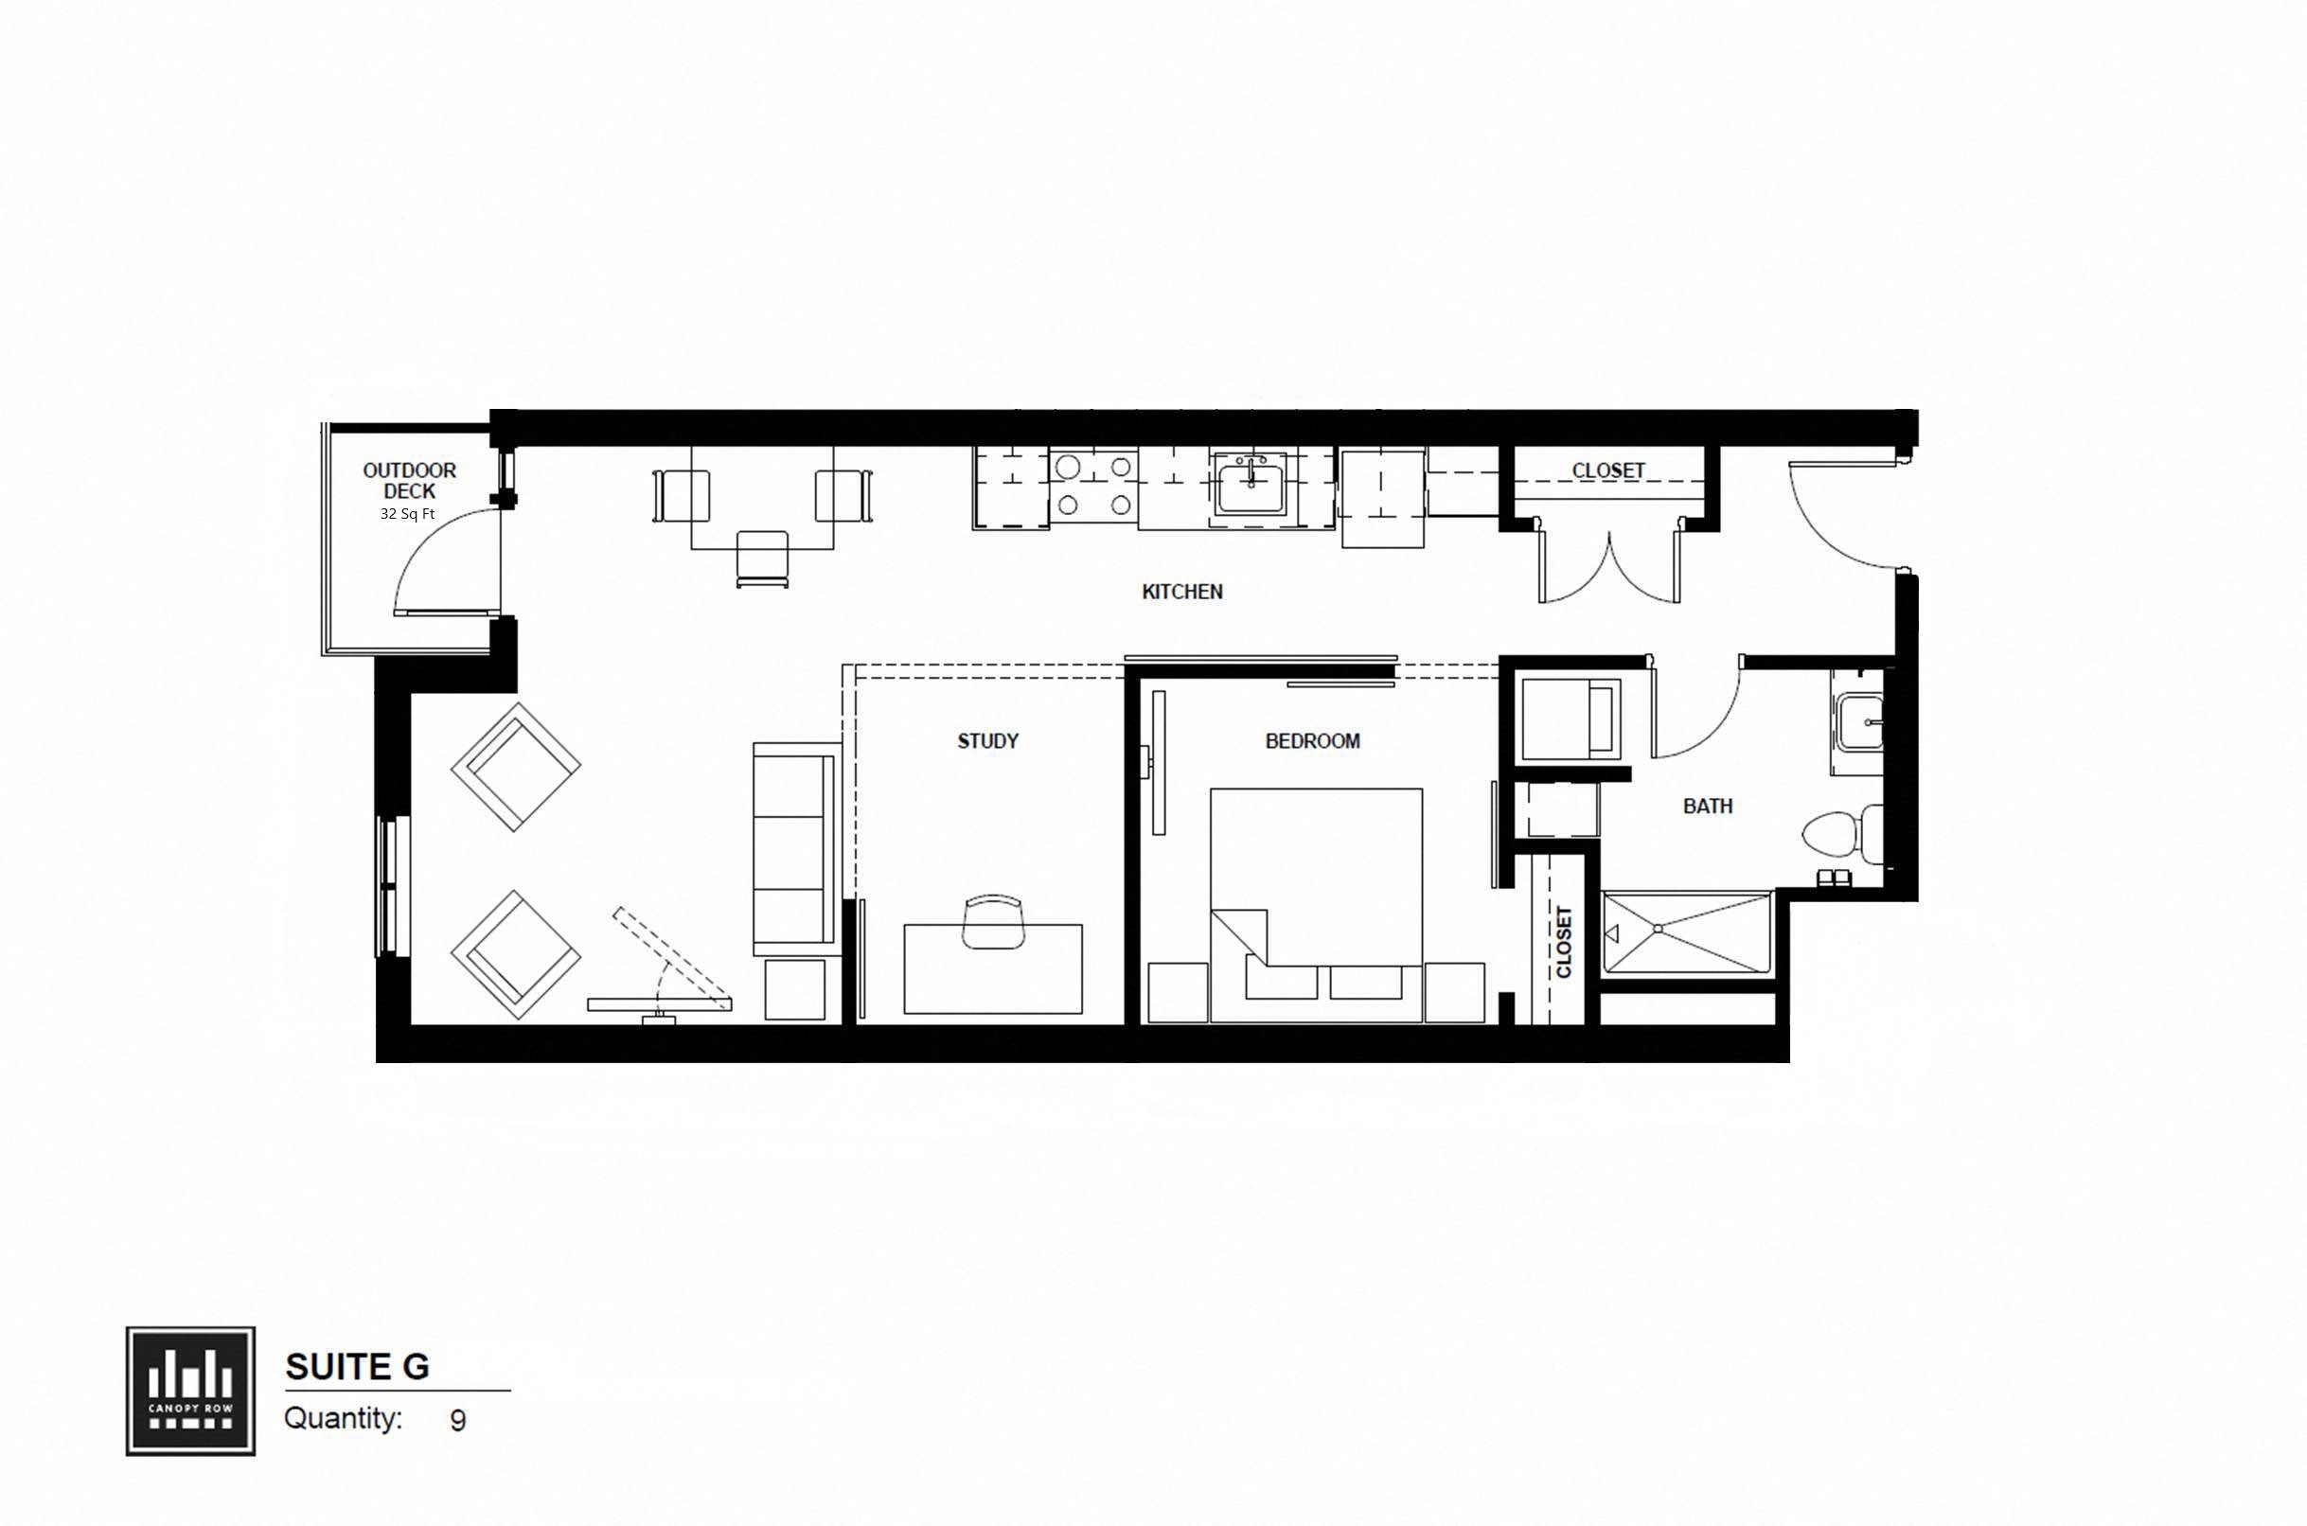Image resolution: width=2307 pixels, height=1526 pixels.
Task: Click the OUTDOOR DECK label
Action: [x=410, y=481]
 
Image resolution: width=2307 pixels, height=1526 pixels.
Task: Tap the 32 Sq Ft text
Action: [x=408, y=514]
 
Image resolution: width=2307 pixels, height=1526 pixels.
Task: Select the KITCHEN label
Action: [x=1182, y=592]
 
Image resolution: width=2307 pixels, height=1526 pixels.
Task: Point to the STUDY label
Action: [x=987, y=741]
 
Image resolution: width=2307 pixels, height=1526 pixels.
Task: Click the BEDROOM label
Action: [x=1312, y=741]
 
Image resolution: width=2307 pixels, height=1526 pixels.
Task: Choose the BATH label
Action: [x=1708, y=806]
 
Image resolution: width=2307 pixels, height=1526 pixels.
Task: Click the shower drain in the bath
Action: [x=1658, y=930]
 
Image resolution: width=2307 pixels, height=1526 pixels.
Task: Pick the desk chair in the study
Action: [x=992, y=921]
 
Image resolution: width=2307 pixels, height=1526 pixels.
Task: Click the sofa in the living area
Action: [x=795, y=849]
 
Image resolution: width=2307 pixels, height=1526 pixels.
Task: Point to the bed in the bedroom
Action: [x=1316, y=896]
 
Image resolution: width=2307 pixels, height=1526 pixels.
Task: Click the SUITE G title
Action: [x=357, y=1367]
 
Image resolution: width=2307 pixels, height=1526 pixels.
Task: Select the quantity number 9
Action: [x=457, y=1421]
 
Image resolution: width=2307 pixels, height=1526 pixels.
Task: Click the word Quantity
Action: [x=343, y=1419]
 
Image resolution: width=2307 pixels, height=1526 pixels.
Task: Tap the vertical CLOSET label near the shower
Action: [x=1564, y=941]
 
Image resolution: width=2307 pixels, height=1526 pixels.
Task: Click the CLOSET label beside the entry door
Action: [x=1608, y=471]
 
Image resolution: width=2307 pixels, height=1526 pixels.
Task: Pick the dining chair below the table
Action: [x=762, y=559]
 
